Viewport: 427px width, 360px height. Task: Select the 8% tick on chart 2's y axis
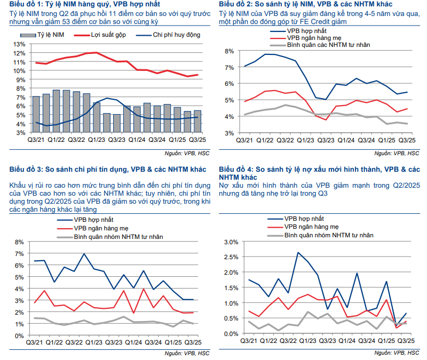pyautogui.click(x=228, y=51)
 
